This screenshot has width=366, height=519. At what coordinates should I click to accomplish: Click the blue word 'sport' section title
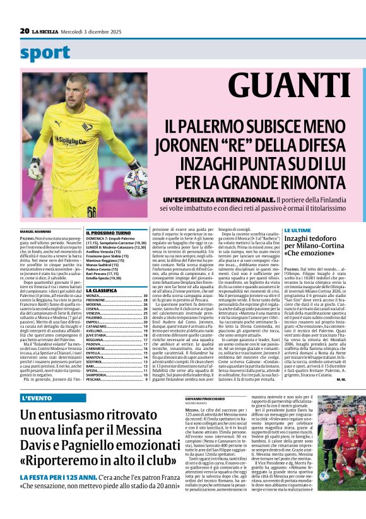pyautogui.click(x=45, y=54)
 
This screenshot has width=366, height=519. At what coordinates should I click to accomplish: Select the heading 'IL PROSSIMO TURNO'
pyautogui.click(x=109, y=233)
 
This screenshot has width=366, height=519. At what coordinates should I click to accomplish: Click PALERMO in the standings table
pyautogui.click(x=95, y=318)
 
